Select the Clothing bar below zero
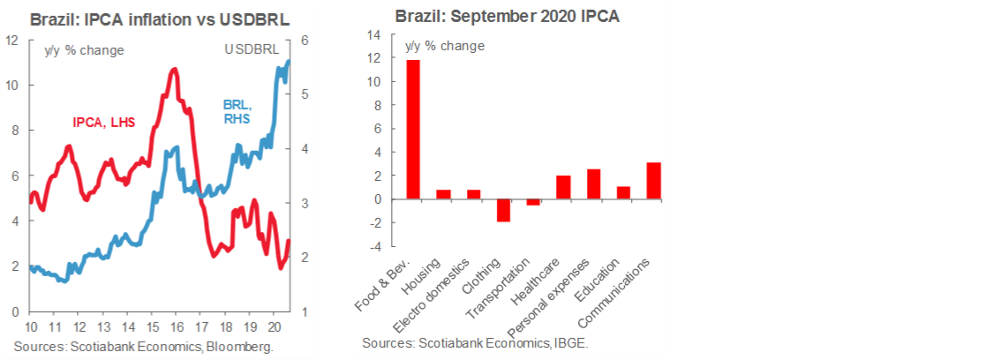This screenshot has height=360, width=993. [502, 210]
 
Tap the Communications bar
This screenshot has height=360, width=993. [653, 181]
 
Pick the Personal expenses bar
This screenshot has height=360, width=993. [593, 184]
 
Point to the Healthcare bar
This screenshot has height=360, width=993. [563, 187]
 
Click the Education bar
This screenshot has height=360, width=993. [623, 192]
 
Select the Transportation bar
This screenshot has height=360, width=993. [533, 202]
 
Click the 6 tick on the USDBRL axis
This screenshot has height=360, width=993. [304, 41]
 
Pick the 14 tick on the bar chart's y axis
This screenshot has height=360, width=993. [373, 35]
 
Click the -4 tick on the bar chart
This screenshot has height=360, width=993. [373, 247]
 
